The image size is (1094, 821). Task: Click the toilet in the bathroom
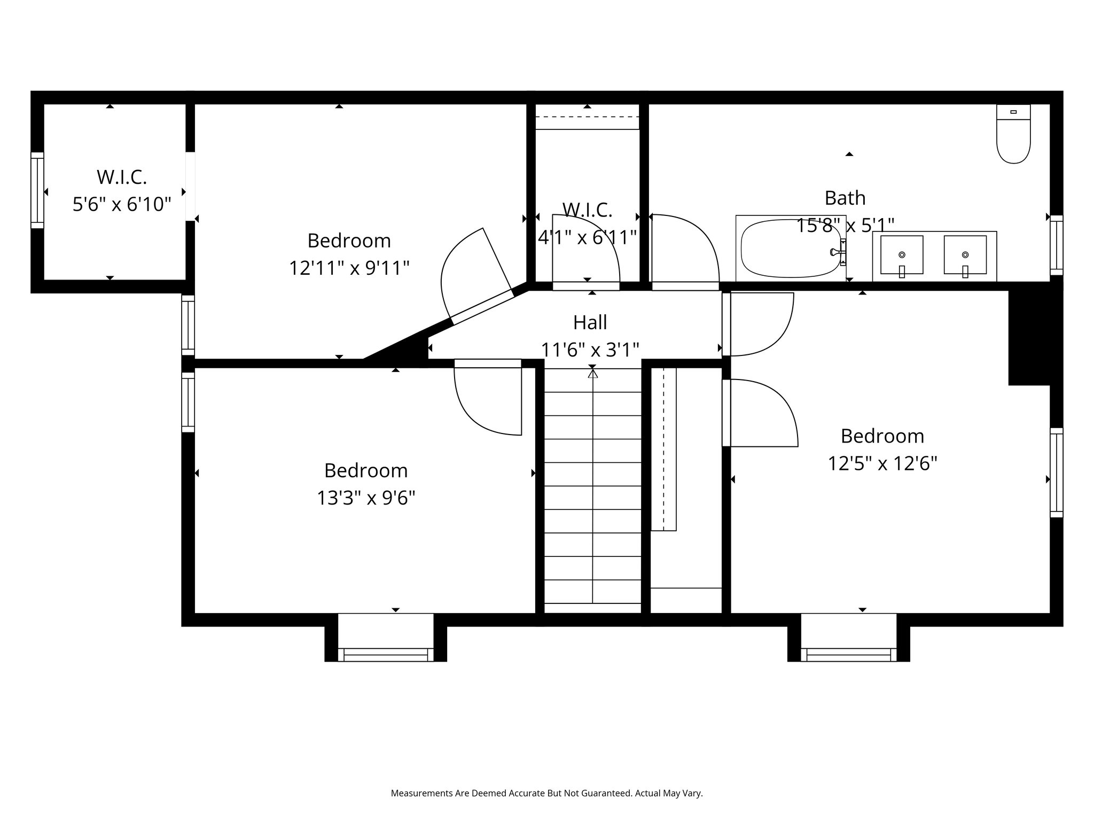(x=1013, y=134)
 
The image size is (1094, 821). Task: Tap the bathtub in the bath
(x=791, y=249)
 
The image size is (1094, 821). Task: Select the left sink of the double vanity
(x=902, y=255)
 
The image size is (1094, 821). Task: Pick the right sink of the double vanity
(x=965, y=255)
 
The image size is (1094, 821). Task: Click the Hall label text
(x=590, y=322)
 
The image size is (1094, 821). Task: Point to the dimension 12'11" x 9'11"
(x=349, y=268)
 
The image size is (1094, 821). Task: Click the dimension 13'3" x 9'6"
(x=366, y=498)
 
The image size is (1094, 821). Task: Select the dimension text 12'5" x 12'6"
(x=882, y=463)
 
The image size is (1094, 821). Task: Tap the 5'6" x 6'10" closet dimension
(x=122, y=204)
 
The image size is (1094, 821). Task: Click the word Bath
(x=845, y=198)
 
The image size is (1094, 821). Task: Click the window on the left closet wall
(x=37, y=190)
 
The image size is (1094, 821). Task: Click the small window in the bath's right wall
(x=1057, y=245)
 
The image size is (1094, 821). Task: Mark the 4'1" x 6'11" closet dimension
(x=588, y=237)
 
